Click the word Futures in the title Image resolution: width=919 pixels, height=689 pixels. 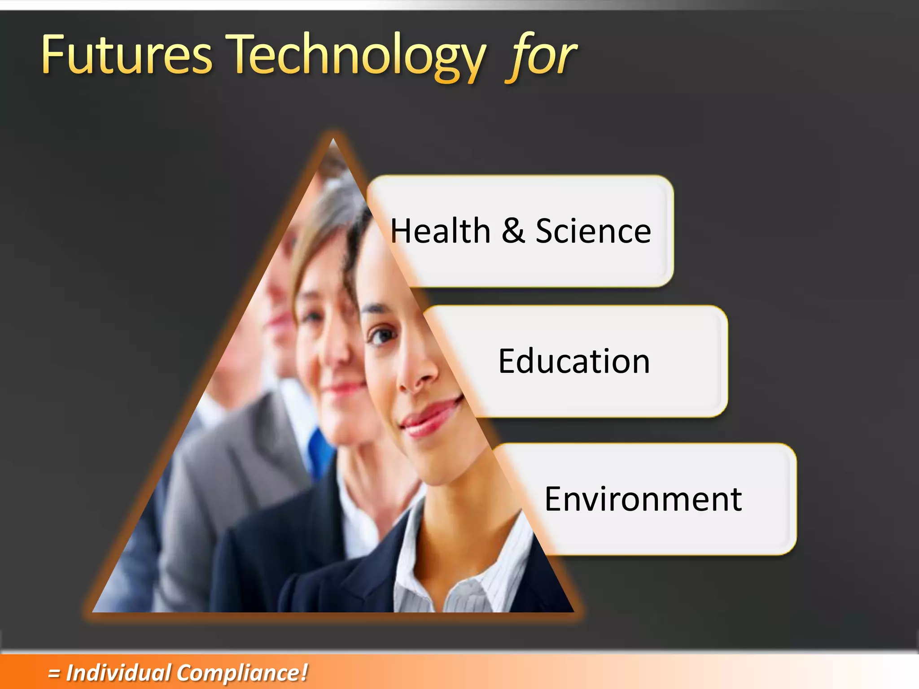pos(126,56)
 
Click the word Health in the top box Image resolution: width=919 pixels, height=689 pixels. pos(440,231)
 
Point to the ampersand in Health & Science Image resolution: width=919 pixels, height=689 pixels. pos(513,231)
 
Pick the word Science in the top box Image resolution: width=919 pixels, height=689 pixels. pos(593,231)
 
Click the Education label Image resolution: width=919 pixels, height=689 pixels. pos(574,361)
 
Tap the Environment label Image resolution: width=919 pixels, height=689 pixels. pos(643,499)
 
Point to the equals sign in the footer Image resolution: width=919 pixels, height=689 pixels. pos(54,673)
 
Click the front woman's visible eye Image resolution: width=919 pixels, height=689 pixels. pos(381,335)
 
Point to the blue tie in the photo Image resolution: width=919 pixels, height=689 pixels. pos(319,449)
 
